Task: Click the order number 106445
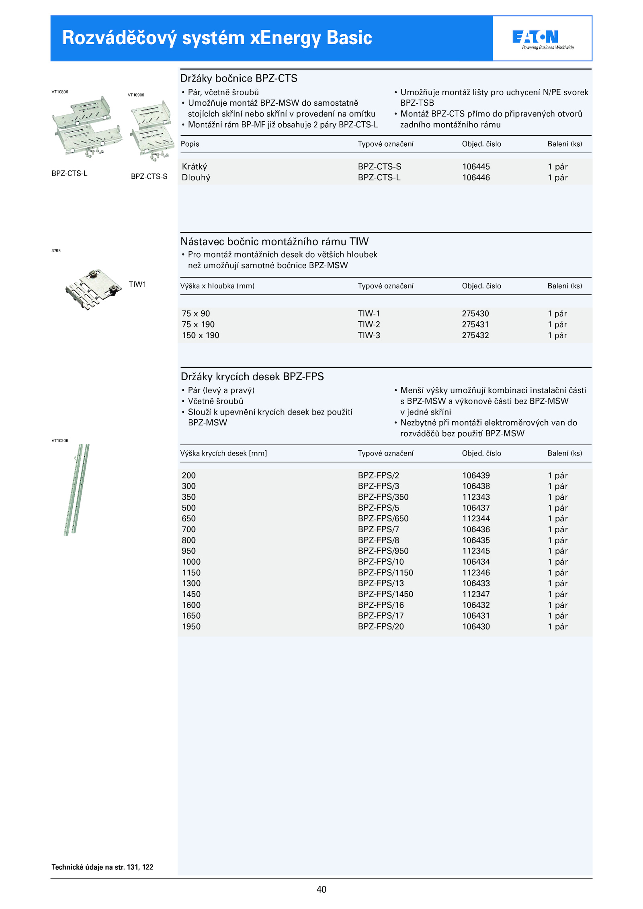pyautogui.click(x=476, y=167)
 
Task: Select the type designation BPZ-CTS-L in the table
pyautogui.click(x=379, y=178)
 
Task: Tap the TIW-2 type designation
pyautogui.click(x=369, y=325)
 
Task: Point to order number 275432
pyautogui.click(x=475, y=335)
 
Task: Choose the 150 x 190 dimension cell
pyautogui.click(x=200, y=335)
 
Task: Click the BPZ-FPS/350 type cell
pyautogui.click(x=383, y=497)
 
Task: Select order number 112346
pyautogui.click(x=476, y=573)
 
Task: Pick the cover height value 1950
pyautogui.click(x=191, y=627)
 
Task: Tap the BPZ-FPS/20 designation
pyautogui.click(x=381, y=627)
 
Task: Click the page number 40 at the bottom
pyautogui.click(x=321, y=890)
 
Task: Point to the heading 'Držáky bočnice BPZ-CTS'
pyautogui.click(x=239, y=78)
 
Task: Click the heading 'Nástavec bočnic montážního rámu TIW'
pyautogui.click(x=274, y=241)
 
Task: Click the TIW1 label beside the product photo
pyautogui.click(x=137, y=284)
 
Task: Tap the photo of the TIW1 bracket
pyautogui.click(x=93, y=289)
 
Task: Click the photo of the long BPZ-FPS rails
pyautogui.click(x=76, y=489)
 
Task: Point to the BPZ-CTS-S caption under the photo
pyautogui.click(x=149, y=176)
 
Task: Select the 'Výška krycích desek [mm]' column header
pyautogui.click(x=223, y=453)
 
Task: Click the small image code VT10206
pyautogui.click(x=60, y=441)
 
